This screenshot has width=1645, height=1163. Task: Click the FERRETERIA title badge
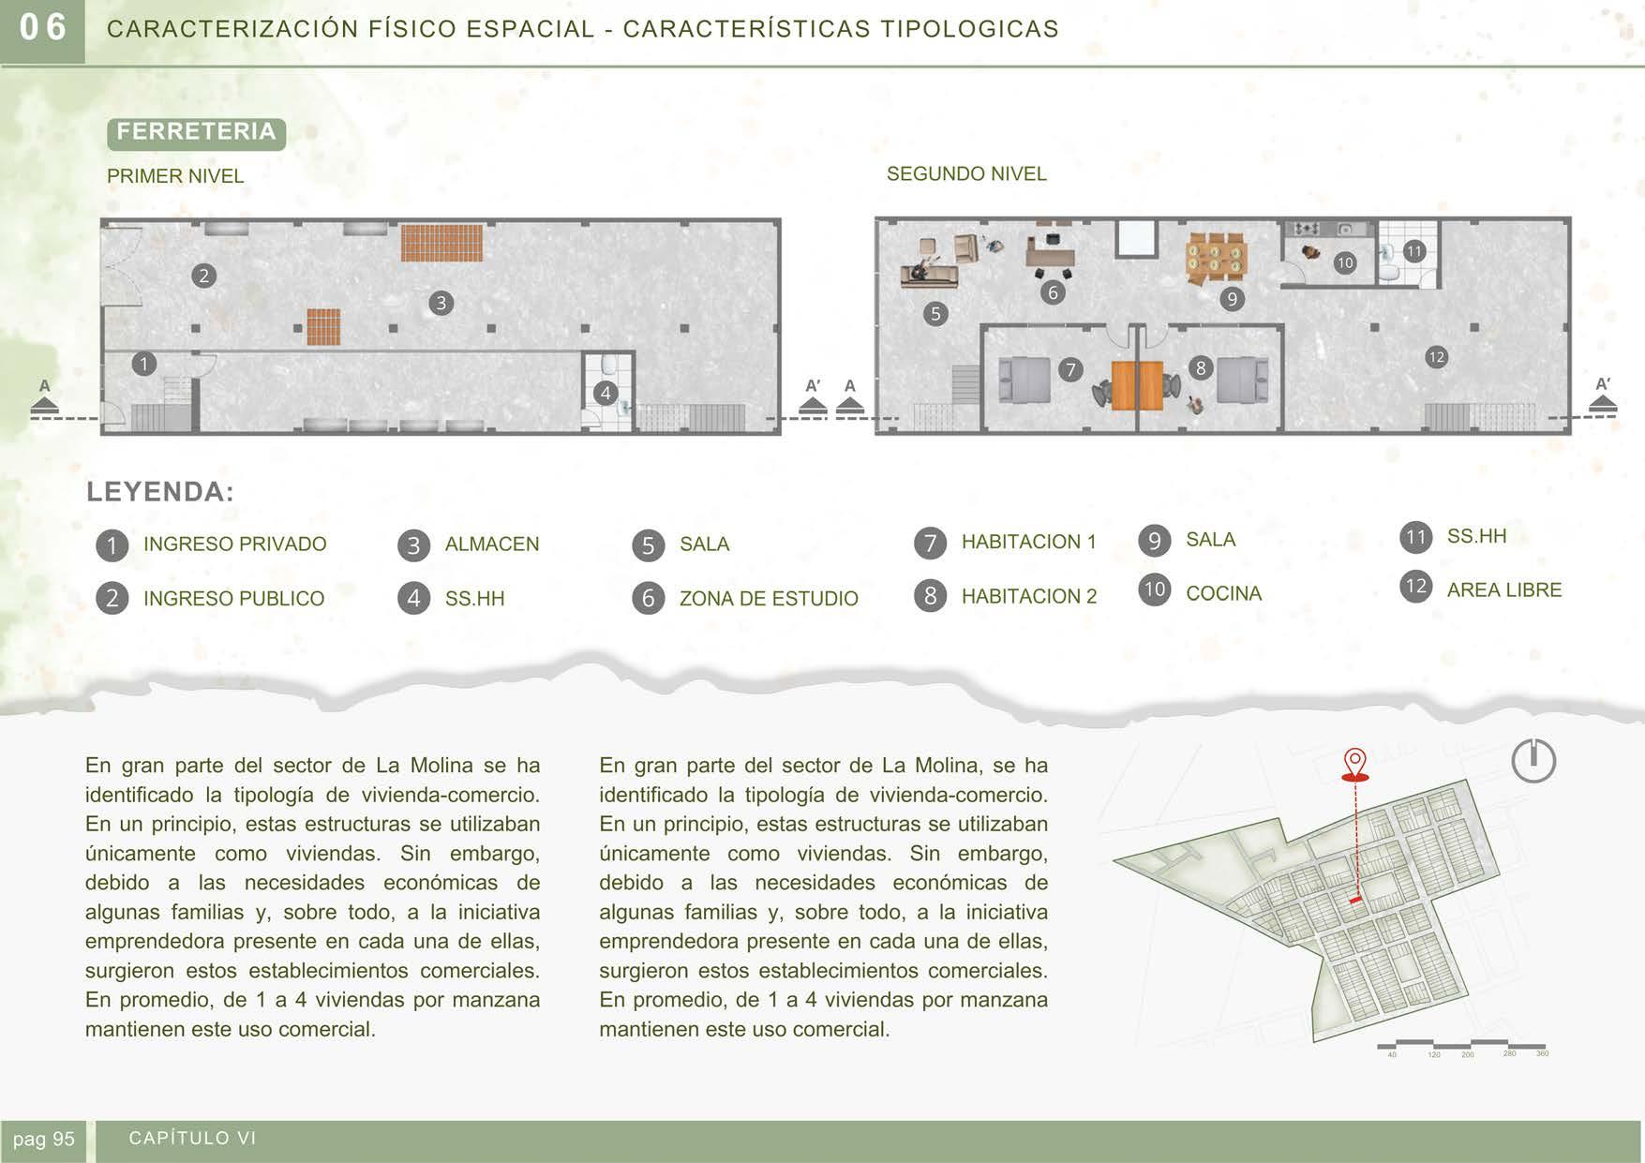pyautogui.click(x=196, y=132)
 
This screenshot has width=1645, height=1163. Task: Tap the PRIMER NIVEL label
pyautogui.click(x=175, y=176)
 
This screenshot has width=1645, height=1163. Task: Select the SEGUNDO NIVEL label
pyautogui.click(x=966, y=174)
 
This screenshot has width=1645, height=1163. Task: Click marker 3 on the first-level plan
pyautogui.click(x=441, y=303)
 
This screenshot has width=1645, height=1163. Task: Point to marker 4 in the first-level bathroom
pyautogui.click(x=606, y=393)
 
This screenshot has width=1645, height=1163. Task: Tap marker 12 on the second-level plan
pyautogui.click(x=1436, y=357)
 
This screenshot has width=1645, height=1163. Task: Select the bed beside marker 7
pyautogui.click(x=1024, y=380)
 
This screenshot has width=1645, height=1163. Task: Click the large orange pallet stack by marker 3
pyautogui.click(x=441, y=243)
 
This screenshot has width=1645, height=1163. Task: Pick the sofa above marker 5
pyautogui.click(x=930, y=274)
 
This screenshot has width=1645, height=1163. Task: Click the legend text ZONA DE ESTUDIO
pyautogui.click(x=769, y=599)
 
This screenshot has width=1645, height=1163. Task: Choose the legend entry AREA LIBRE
pyautogui.click(x=1503, y=590)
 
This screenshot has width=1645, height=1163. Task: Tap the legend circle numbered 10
pyautogui.click(x=1154, y=589)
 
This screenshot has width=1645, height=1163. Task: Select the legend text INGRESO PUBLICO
pyautogui.click(x=233, y=599)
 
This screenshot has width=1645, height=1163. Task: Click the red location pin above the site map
pyautogui.click(x=1355, y=763)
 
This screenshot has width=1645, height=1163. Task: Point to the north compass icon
pyautogui.click(x=1533, y=760)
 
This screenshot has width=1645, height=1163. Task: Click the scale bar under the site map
pyautogui.click(x=1460, y=1045)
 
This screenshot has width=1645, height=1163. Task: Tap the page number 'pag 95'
pyautogui.click(x=44, y=1140)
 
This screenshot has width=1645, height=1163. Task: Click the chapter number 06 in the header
pyautogui.click(x=43, y=28)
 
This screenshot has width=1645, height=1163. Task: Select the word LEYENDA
pyautogui.click(x=160, y=492)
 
